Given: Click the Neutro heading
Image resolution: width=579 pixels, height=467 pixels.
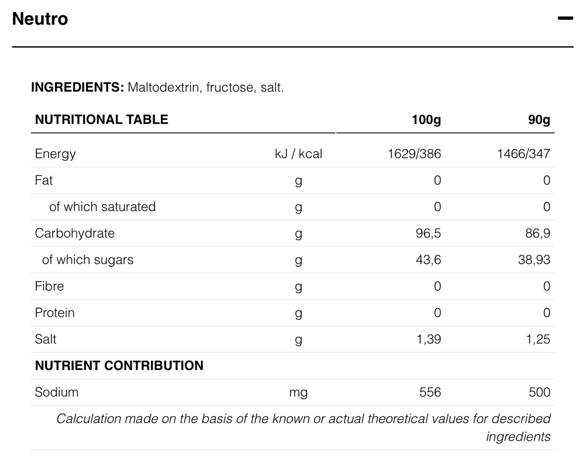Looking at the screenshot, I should pyautogui.click(x=40, y=19).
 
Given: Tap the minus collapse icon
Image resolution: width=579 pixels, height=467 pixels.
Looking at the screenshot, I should pyautogui.click(x=565, y=19).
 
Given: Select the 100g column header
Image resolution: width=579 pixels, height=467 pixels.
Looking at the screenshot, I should pyautogui.click(x=426, y=120).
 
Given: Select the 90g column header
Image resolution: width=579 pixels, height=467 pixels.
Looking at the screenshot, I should pyautogui.click(x=539, y=120).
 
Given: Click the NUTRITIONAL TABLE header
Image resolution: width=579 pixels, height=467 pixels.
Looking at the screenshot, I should pyautogui.click(x=102, y=120).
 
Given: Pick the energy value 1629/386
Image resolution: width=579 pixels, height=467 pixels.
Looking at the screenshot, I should pyautogui.click(x=414, y=154).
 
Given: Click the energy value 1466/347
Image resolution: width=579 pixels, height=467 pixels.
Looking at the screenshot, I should pyautogui.click(x=523, y=154).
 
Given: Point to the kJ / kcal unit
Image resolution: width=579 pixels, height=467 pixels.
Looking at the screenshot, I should pyautogui.click(x=298, y=154).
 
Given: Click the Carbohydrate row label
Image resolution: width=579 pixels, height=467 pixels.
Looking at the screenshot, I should pyautogui.click(x=75, y=233).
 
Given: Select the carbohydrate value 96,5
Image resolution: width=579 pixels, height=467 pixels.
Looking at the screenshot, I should pyautogui.click(x=428, y=233).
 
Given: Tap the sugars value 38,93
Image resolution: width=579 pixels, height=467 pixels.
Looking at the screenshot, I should pyautogui.click(x=534, y=260).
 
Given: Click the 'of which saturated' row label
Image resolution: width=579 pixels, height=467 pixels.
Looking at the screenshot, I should pyautogui.click(x=102, y=207).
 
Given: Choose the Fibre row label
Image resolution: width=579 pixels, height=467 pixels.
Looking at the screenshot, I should pyautogui.click(x=50, y=286).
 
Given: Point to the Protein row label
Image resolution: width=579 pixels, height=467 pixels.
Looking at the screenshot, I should pyautogui.click(x=55, y=313).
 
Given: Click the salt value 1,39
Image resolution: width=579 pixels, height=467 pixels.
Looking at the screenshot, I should pyautogui.click(x=429, y=339).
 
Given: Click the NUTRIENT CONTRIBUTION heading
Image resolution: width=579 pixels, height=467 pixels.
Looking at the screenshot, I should pyautogui.click(x=119, y=366).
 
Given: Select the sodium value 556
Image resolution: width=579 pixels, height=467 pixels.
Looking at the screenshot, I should pyautogui.click(x=430, y=392).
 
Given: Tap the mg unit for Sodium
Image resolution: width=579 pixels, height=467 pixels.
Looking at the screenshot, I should pyautogui.click(x=298, y=392).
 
